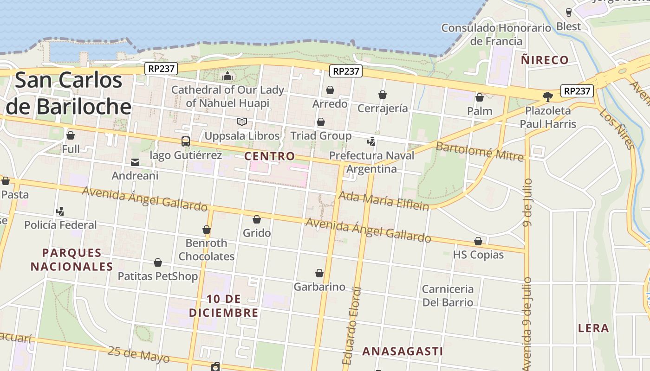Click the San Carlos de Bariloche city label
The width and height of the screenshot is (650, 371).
pyautogui.click(x=69, y=93)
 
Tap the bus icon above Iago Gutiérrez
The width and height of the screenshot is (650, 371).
pyautogui.click(x=186, y=141)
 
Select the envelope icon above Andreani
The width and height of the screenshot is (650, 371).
pyautogui.click(x=135, y=162)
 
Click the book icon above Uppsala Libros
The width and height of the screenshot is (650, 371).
pyautogui.click(x=241, y=122)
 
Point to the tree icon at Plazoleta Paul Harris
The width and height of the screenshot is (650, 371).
pyautogui.click(x=548, y=97)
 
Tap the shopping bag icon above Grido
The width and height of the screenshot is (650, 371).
pyautogui.click(x=257, y=219)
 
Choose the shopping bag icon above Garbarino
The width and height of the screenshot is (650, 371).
pyautogui.click(x=319, y=273)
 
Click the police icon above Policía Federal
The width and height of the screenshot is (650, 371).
pyautogui.click(x=60, y=211)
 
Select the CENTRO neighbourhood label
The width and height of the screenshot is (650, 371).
pyautogui.click(x=269, y=156)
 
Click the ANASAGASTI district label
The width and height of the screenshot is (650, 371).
pyautogui.click(x=403, y=352)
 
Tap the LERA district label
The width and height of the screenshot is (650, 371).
pyautogui.click(x=593, y=328)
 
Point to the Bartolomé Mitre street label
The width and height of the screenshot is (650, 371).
pyautogui.click(x=480, y=151)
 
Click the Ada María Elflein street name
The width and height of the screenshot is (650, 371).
pyautogui.click(x=383, y=201)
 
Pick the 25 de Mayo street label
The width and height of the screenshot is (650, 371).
pyautogui.click(x=139, y=355)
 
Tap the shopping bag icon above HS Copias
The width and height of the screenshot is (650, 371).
pyautogui.click(x=478, y=242)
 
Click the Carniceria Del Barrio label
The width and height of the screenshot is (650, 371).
pyautogui.click(x=448, y=296)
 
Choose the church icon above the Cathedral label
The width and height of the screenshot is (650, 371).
pyautogui.click(x=227, y=77)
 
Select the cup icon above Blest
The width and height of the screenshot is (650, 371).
pyautogui.click(x=569, y=13)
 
